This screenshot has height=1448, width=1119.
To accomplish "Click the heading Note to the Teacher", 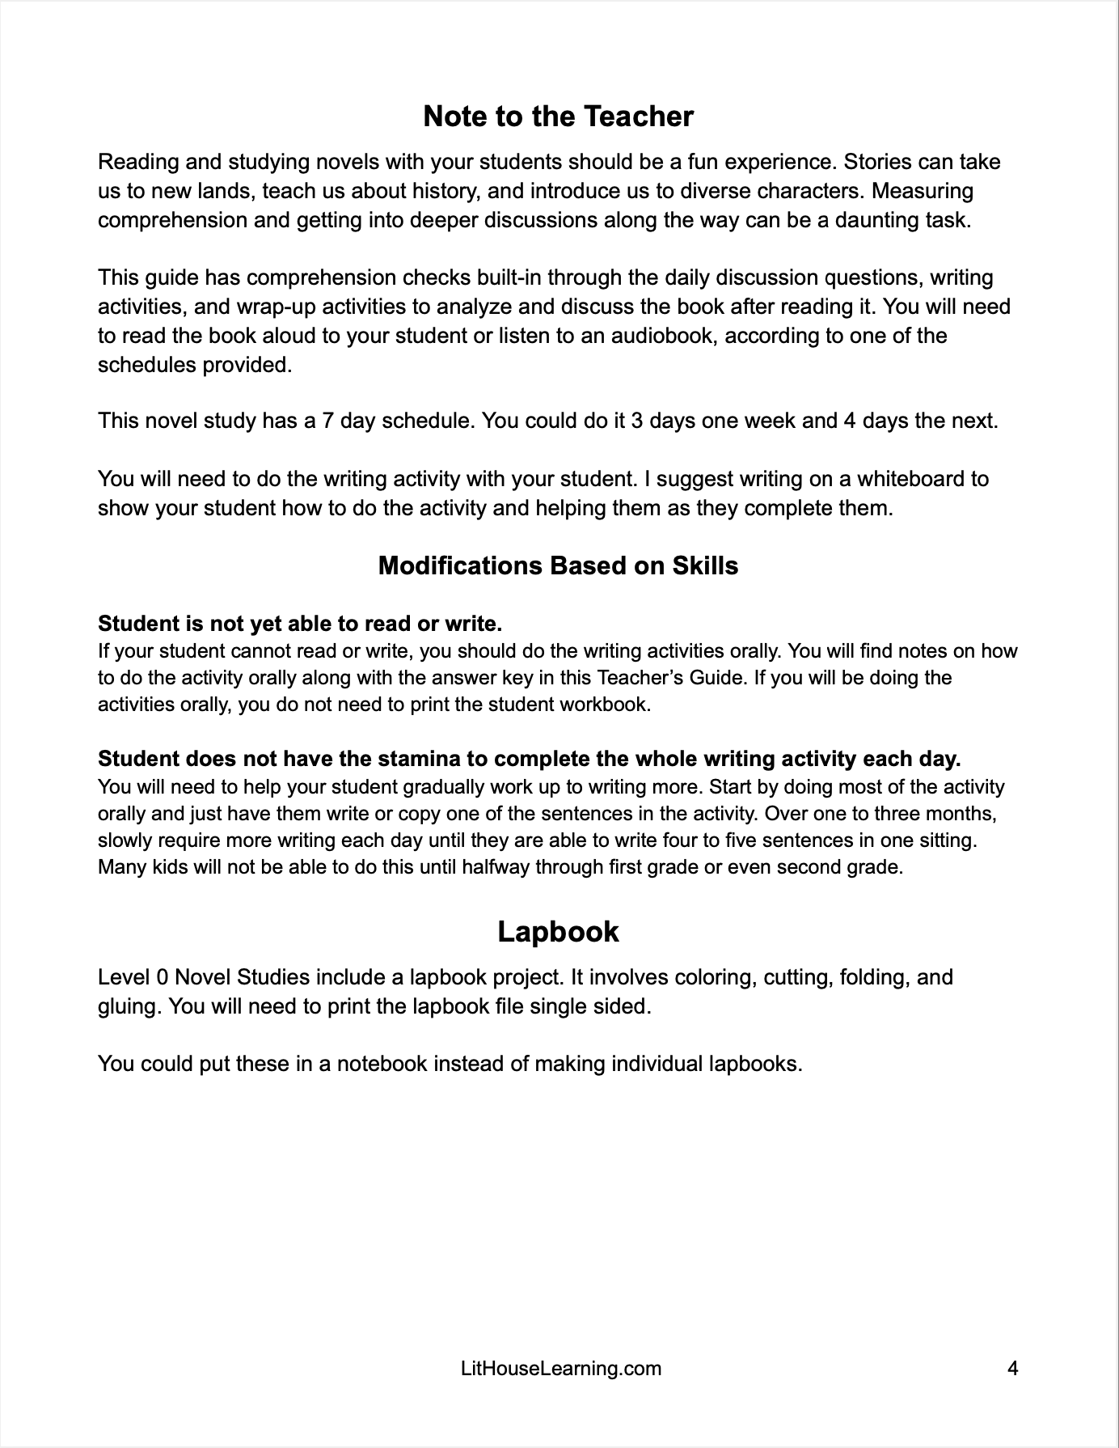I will click(x=558, y=116).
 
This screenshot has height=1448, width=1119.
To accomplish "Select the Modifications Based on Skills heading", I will click(x=558, y=565).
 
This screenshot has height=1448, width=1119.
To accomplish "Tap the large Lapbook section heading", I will click(x=558, y=932).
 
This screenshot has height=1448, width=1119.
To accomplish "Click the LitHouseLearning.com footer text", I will click(x=560, y=1368).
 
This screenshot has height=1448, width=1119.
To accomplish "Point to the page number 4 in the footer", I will click(x=1012, y=1368).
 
